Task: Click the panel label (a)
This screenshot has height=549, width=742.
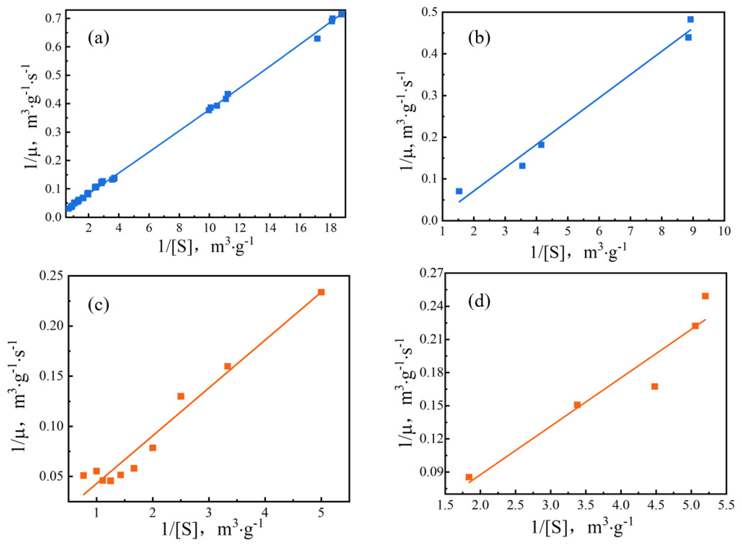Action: coord(98,39)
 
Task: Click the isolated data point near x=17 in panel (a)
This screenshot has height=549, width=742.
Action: coord(317,38)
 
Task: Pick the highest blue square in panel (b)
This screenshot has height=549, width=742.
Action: coord(690,19)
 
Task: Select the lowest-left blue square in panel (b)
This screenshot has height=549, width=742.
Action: coord(459,191)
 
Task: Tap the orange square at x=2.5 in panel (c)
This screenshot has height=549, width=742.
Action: coord(181,396)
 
